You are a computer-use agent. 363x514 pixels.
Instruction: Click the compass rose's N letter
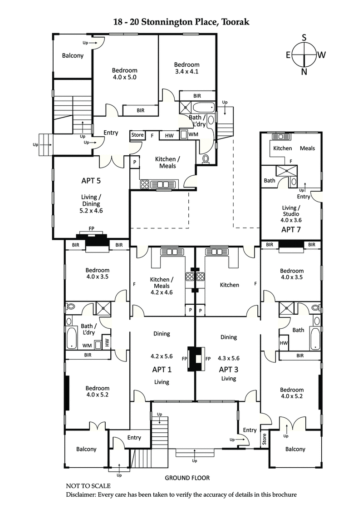(304, 71)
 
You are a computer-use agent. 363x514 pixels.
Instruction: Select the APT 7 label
(291, 229)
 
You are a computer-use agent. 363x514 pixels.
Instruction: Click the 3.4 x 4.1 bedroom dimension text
(187, 71)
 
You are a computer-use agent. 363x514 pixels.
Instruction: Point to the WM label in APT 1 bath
(87, 346)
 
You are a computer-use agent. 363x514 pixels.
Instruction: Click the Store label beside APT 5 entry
(137, 135)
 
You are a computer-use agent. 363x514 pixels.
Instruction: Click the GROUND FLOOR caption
(187, 478)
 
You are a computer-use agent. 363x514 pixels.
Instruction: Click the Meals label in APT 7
(307, 148)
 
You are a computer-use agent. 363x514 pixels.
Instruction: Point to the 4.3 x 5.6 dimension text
(229, 357)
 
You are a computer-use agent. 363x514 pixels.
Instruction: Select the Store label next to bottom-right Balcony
(265, 439)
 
